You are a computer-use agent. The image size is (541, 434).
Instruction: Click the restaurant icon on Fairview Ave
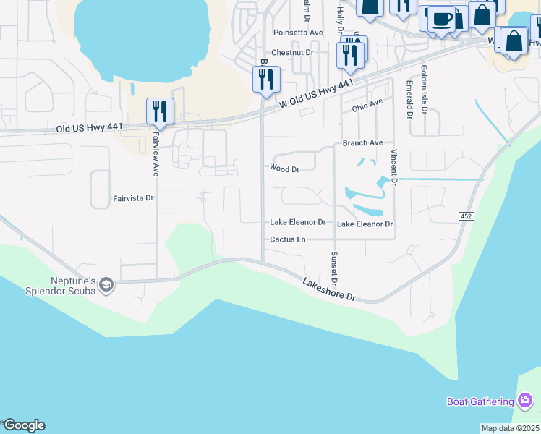point(160,111)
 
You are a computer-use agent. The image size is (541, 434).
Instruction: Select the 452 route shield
point(466,216)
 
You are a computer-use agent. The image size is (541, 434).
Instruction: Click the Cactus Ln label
point(288,239)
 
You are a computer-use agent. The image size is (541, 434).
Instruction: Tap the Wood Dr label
point(284,168)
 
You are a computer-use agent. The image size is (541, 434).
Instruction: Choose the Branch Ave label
point(362,143)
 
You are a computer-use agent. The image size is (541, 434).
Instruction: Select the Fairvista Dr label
point(134,197)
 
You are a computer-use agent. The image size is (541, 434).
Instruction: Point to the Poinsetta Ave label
point(298,33)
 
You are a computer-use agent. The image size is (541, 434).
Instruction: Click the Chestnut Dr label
point(292,53)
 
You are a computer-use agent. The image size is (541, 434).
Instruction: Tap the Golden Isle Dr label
point(425,87)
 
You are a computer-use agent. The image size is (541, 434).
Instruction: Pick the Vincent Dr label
point(395,166)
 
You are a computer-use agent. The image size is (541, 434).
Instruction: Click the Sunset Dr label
point(334,266)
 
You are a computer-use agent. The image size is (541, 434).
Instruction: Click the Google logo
point(23,425)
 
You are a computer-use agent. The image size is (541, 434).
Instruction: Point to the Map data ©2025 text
point(510,428)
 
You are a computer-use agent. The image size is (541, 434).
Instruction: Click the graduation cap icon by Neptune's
point(106,285)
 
